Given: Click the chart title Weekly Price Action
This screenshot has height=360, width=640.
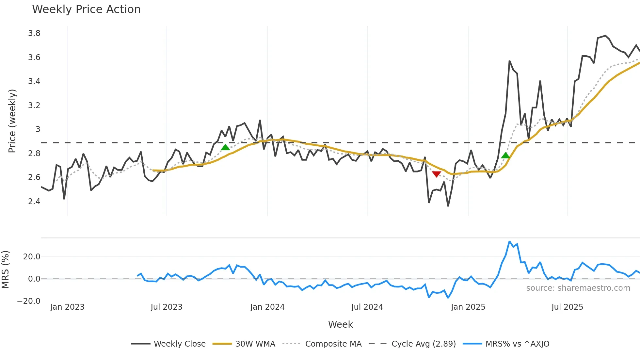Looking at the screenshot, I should point(86,9).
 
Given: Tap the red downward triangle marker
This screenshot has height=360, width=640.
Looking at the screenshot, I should point(436,174).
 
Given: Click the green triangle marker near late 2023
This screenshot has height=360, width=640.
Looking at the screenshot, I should point(225,147).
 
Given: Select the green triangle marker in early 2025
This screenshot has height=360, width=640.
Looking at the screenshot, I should point(505,155).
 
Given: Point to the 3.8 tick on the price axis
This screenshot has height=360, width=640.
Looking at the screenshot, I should point(34,33).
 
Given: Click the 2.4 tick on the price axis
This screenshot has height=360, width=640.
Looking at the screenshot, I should point(34,202).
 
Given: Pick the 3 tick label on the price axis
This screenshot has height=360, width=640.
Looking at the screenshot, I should point(38,129).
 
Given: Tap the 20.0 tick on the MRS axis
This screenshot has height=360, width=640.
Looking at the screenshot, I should point(32,257).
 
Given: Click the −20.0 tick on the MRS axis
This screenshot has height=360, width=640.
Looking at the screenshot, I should point(29,301).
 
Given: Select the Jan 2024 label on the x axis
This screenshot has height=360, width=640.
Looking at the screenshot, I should point(267,307).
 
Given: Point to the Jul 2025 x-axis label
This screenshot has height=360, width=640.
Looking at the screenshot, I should point(567,307).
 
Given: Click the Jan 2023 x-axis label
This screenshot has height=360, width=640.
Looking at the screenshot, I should point(67,307).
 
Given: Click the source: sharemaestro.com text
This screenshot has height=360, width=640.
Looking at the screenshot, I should point(578,288).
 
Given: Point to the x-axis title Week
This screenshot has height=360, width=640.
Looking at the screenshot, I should point(340,324).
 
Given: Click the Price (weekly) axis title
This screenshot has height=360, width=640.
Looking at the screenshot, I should point(12,121).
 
